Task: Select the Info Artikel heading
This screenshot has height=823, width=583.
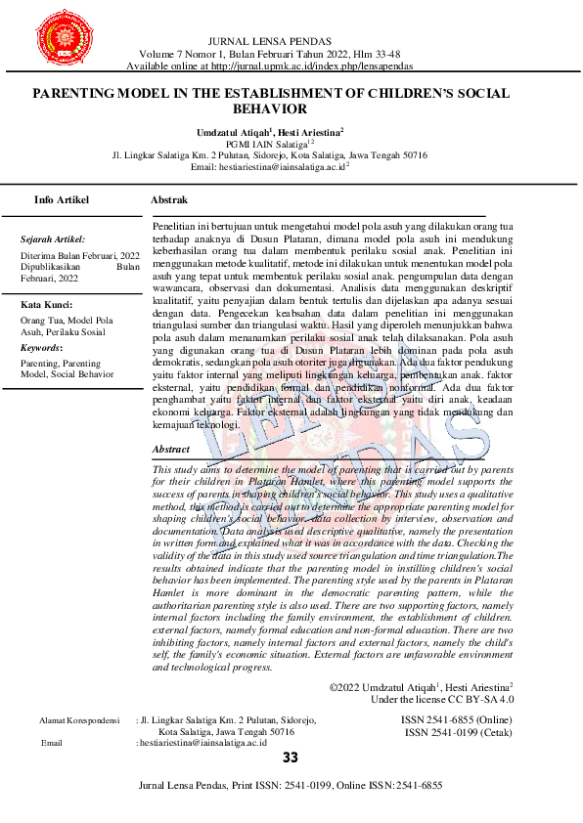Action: pos(62,199)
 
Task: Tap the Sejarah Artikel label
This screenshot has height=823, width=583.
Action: pos(52,238)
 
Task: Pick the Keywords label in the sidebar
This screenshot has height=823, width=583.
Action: pos(41,347)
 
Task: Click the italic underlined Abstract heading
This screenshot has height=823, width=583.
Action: pos(171,450)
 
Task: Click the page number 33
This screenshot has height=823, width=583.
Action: pos(291,758)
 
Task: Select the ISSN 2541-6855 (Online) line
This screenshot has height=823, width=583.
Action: pos(457,719)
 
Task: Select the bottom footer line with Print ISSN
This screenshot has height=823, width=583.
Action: pos(291,785)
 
